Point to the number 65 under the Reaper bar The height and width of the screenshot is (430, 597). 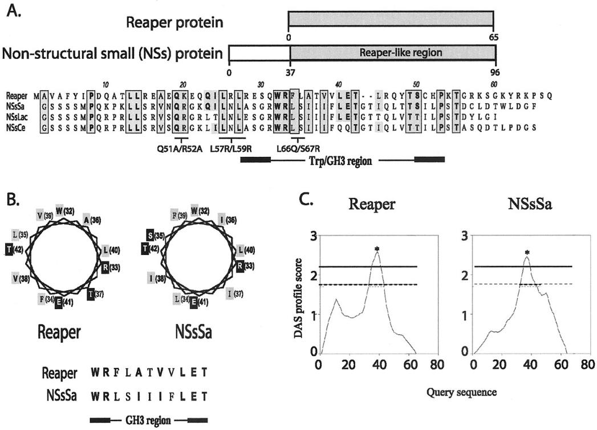(493, 36)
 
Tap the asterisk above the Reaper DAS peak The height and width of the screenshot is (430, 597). (377, 249)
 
